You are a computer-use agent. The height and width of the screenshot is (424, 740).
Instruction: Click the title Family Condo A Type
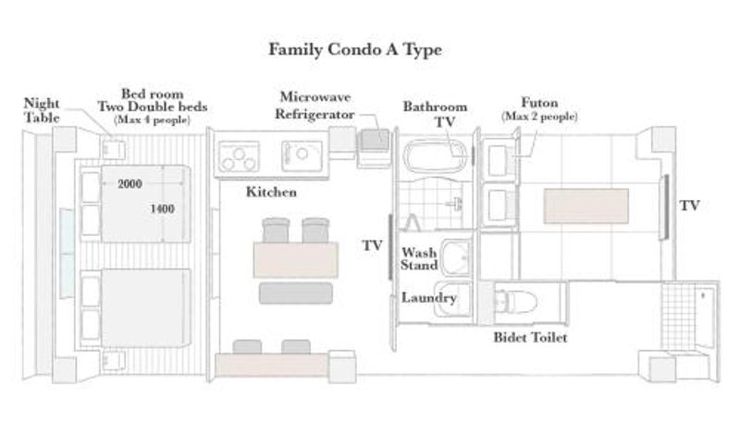click(355, 50)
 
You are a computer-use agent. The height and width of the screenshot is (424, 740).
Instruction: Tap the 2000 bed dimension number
click(129, 183)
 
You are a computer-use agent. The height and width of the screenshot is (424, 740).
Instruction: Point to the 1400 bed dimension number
click(163, 208)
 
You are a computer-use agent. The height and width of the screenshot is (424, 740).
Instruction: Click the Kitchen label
click(271, 193)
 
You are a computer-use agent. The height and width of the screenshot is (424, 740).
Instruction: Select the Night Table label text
click(42, 110)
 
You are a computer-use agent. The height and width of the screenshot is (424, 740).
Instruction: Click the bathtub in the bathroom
click(438, 156)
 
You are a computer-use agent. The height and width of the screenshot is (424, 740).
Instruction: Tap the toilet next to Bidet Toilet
click(515, 301)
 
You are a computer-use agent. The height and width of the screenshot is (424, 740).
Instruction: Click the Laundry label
click(429, 298)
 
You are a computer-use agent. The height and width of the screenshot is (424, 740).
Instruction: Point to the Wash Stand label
click(419, 258)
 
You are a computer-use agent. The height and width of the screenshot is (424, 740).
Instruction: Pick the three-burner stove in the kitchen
click(239, 156)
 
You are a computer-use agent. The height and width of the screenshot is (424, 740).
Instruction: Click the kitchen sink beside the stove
click(302, 156)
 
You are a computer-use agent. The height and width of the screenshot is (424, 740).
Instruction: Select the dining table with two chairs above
click(296, 260)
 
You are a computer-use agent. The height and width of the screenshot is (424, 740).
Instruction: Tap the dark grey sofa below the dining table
click(296, 293)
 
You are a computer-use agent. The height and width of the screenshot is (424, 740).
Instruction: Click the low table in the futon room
click(586, 206)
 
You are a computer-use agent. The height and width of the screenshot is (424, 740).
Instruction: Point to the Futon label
click(539, 103)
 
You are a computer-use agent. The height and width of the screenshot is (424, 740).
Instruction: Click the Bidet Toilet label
click(530, 338)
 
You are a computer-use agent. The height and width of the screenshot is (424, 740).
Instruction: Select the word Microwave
click(315, 97)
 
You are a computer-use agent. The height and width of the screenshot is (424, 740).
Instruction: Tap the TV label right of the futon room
click(689, 206)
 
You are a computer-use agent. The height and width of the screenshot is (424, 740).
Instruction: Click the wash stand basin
click(456, 257)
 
